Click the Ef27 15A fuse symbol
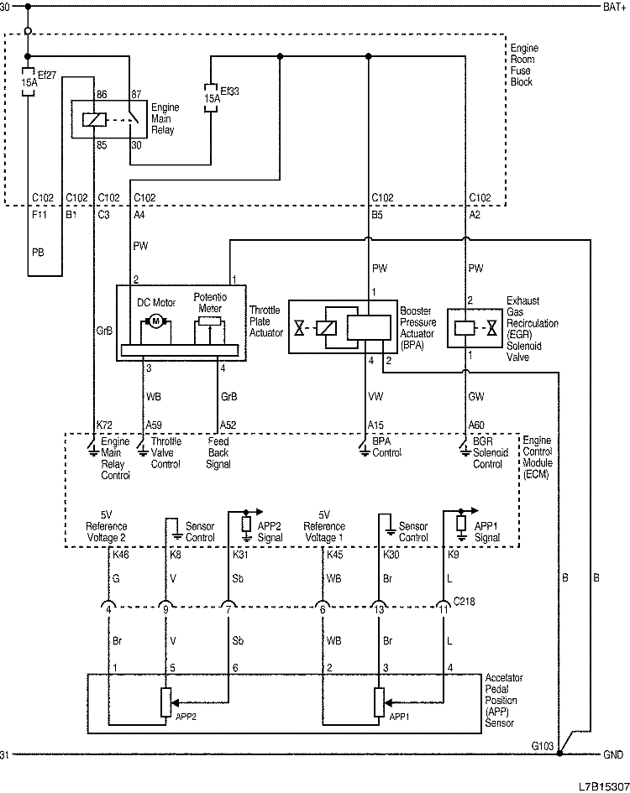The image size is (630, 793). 28,83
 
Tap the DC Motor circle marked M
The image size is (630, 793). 155,321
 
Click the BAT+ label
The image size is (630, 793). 613,7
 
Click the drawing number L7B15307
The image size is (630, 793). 602,786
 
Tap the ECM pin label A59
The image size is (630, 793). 155,425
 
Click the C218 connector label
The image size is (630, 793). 464,601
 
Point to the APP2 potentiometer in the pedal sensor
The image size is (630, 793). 165,701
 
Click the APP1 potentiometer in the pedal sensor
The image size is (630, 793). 379,701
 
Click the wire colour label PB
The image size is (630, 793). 38,251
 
